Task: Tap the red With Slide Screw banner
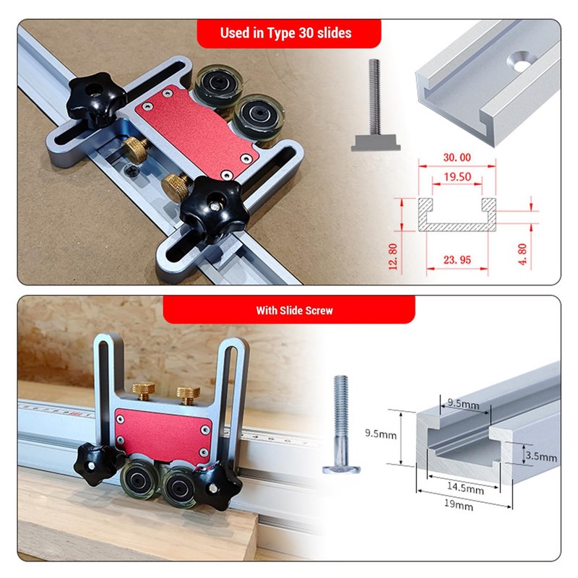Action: [x=289, y=311]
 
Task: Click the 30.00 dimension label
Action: [x=455, y=158]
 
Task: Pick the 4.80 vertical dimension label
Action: [x=543, y=254]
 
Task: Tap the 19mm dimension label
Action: [x=459, y=506]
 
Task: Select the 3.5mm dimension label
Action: [x=541, y=457]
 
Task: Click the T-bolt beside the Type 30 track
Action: [x=375, y=116]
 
